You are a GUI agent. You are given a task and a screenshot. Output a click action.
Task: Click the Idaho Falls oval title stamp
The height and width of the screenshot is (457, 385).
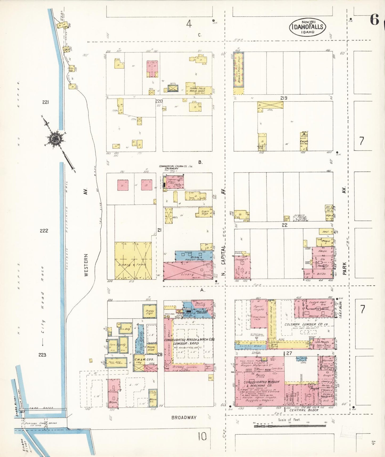(x=307, y=27)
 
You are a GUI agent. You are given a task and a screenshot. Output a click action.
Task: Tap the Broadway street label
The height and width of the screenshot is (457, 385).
(x=184, y=418)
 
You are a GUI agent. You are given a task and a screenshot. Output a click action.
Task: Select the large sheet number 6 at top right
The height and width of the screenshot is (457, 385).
(x=374, y=20)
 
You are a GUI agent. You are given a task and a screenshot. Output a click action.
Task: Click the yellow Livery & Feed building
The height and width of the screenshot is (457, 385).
(x=133, y=261)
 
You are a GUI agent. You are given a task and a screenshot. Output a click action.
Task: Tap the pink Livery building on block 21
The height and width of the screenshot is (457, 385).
(x=188, y=271)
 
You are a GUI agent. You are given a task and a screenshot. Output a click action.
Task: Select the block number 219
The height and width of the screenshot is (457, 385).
(x=283, y=98)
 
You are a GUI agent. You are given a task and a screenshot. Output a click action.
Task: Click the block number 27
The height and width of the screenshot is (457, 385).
(x=289, y=353)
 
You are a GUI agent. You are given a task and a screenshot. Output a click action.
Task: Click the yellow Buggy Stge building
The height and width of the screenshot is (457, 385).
(x=149, y=312)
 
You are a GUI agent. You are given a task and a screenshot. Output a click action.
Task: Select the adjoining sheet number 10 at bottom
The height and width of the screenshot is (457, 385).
(x=202, y=437)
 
